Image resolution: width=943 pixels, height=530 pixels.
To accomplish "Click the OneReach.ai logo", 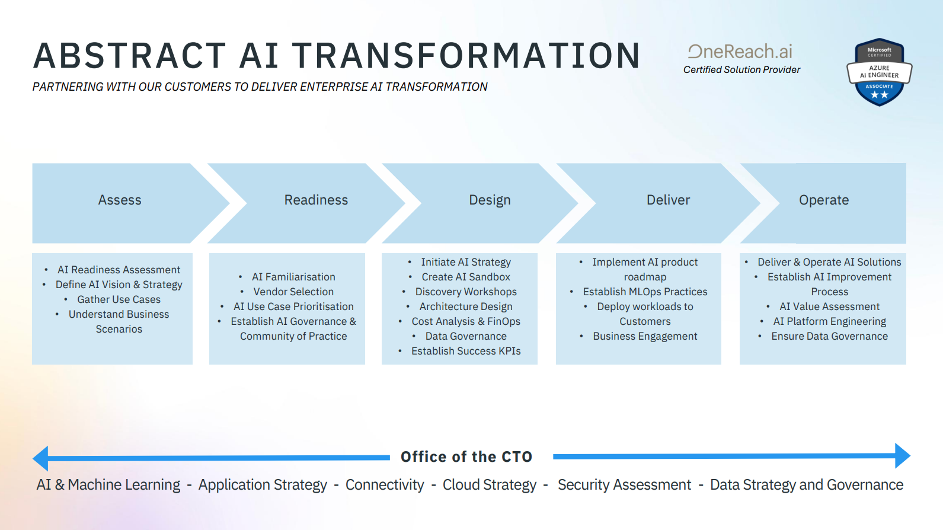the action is point(740,52).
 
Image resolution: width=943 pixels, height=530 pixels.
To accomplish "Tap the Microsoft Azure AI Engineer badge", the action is point(880,72).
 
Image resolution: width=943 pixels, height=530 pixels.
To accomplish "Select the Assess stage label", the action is point(120,200).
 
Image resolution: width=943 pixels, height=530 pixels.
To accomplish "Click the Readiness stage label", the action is point(316,200).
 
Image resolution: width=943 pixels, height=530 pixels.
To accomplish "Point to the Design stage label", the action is point(490,200).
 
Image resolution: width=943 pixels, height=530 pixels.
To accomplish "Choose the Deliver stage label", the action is point(668,200).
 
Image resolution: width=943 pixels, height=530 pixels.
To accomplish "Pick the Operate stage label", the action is point(824,200).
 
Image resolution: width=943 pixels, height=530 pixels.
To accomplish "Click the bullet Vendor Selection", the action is point(293,291).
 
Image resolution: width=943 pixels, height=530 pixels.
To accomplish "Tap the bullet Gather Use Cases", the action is point(119,299).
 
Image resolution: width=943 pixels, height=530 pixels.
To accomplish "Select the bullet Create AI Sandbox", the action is point(466,277).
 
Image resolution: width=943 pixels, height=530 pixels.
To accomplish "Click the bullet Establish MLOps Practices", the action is point(645,291).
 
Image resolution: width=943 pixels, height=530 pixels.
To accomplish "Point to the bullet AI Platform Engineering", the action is point(829,321).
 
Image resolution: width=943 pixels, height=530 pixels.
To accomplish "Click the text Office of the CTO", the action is point(466,456).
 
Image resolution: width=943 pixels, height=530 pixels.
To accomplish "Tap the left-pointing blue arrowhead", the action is point(40,458).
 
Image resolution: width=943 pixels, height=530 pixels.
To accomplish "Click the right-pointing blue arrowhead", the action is point(903,455).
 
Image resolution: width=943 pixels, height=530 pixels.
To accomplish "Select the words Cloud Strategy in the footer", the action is point(490,485).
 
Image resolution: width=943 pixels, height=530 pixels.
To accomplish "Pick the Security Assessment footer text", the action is point(624,485).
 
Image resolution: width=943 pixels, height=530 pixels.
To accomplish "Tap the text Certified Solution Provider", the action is point(741,69).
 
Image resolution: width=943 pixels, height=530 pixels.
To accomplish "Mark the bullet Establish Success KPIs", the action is point(466,351).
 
